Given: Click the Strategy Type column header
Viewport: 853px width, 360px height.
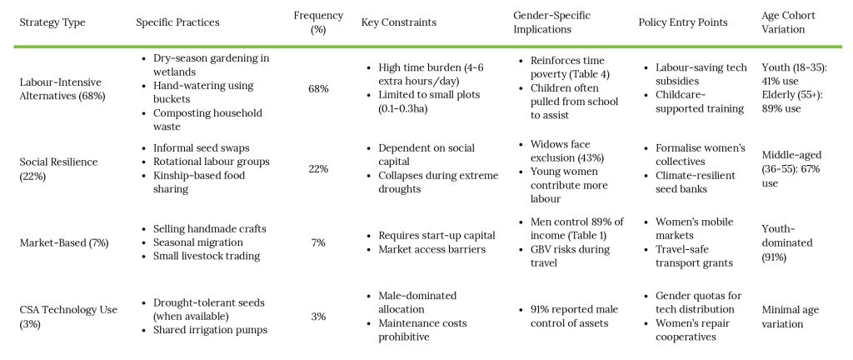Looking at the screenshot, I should (x=52, y=22).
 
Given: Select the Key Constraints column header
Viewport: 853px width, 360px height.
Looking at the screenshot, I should (x=398, y=22).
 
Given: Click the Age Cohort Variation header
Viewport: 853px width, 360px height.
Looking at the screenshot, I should (x=784, y=22).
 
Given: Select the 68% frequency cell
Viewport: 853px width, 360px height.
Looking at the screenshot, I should (x=318, y=88).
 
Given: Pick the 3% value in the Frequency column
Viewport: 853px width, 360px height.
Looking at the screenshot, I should (x=318, y=317).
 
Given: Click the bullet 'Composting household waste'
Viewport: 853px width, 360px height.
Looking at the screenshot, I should (x=207, y=119).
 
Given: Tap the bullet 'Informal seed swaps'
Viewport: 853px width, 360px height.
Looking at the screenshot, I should (x=201, y=147).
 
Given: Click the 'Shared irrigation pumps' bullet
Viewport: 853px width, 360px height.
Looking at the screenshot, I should (x=209, y=330).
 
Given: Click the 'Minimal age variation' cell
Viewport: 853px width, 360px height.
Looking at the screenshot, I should (x=791, y=317).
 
